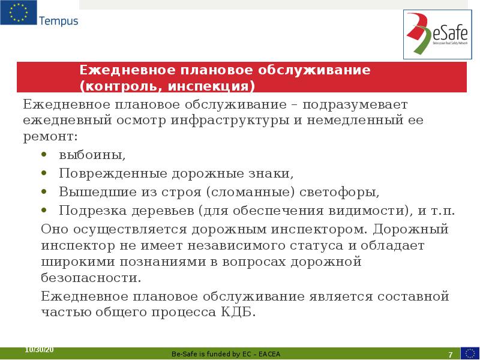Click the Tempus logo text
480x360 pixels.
[x=58, y=21]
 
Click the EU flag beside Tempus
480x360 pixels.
[x=18, y=13]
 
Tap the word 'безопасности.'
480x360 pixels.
[x=91, y=278]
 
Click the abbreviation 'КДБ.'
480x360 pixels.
[x=238, y=313]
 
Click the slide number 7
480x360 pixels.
[x=450, y=353]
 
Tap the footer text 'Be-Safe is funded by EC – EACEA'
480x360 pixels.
[x=226, y=354]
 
